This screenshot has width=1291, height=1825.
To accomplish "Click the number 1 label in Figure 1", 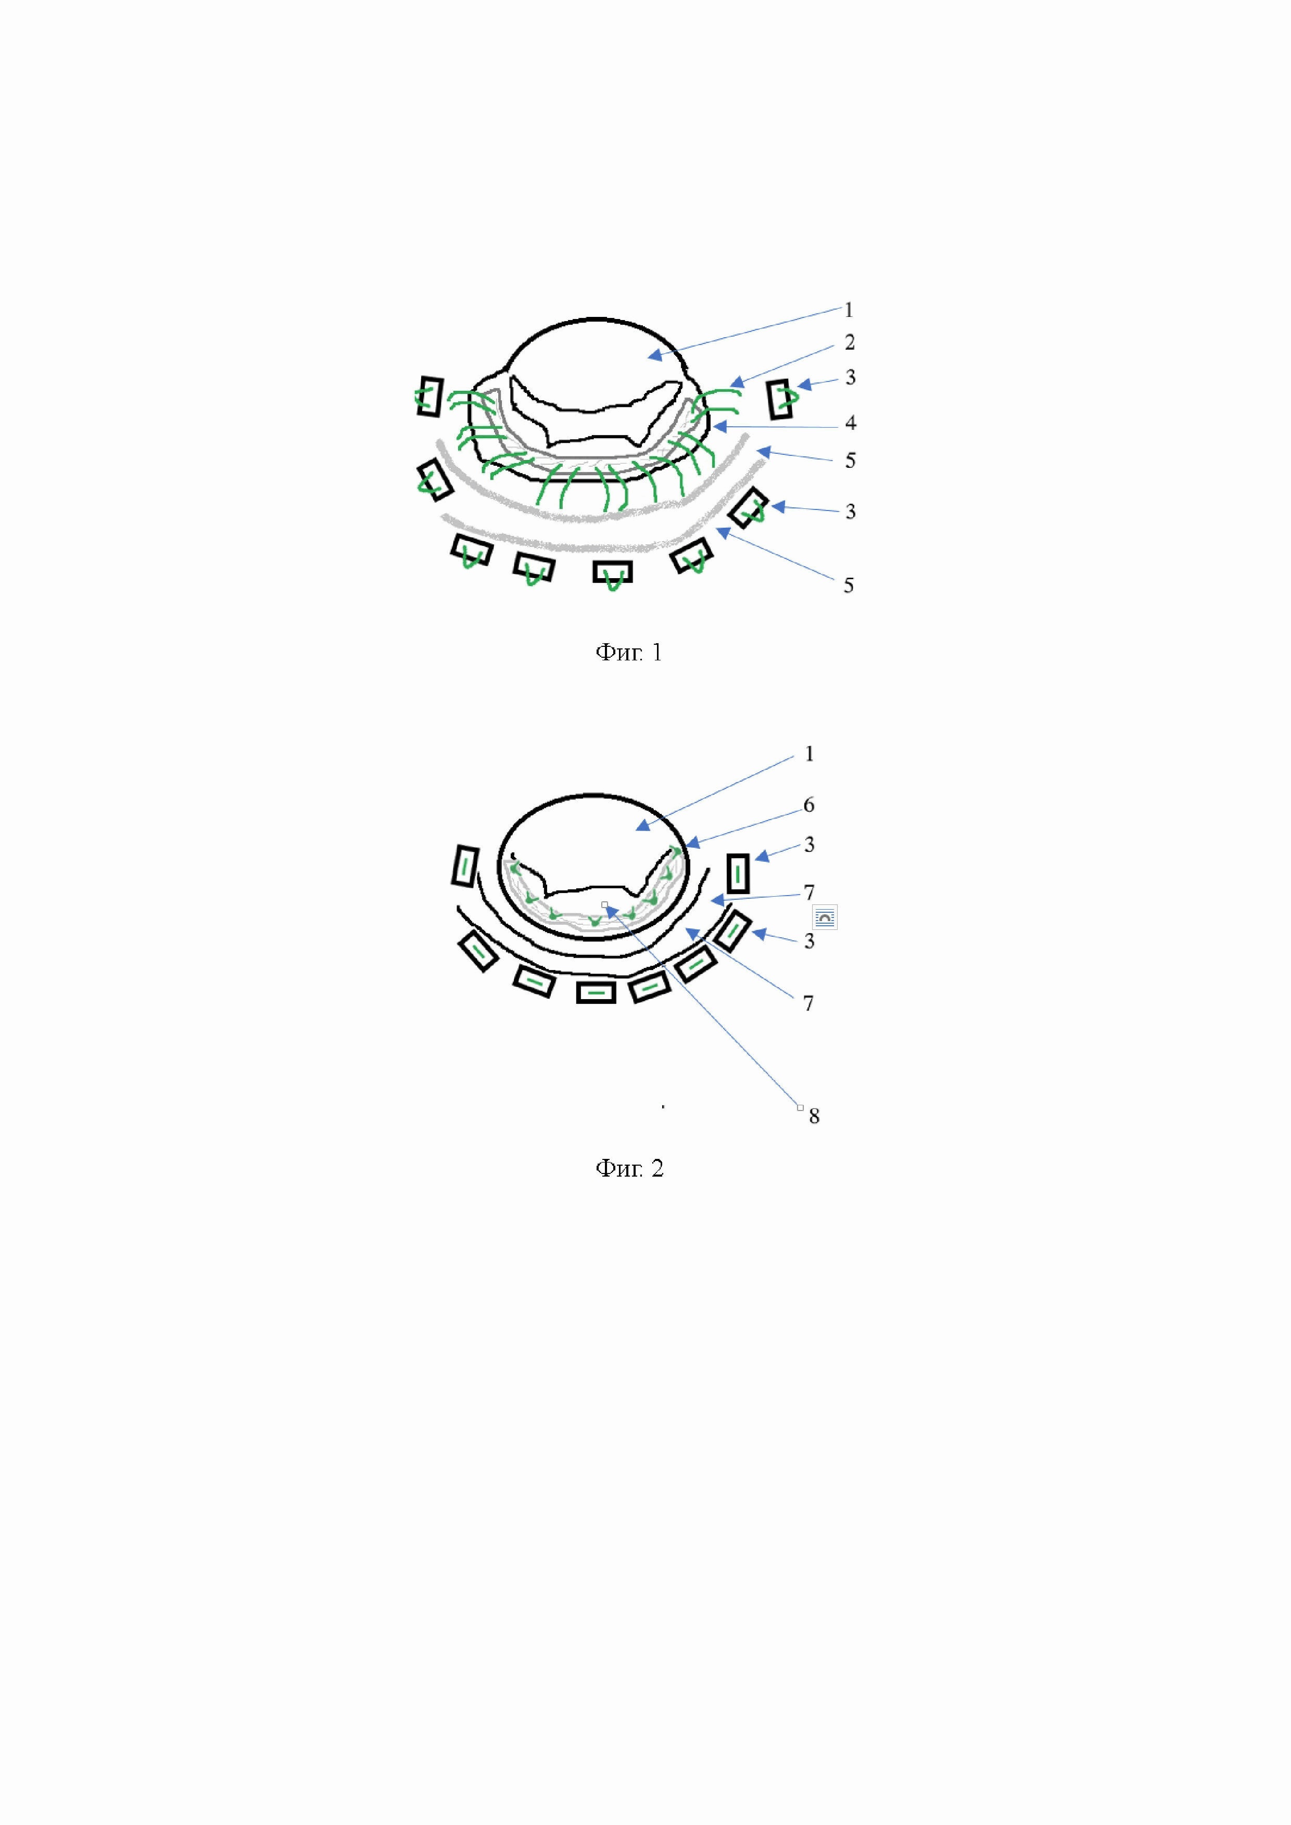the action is [848, 310].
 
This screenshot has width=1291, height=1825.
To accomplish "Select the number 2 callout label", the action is [850, 342].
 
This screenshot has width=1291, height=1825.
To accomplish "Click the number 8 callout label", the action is [814, 1117].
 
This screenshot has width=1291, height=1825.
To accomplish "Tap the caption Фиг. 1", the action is [628, 654].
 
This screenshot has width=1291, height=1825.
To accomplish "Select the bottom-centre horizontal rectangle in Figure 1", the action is [612, 571].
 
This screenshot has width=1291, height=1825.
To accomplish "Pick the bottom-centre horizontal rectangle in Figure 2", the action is [596, 992].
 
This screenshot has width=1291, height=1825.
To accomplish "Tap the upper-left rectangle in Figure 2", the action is [464, 865].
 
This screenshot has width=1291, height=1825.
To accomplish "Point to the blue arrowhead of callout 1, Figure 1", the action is [653, 355].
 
